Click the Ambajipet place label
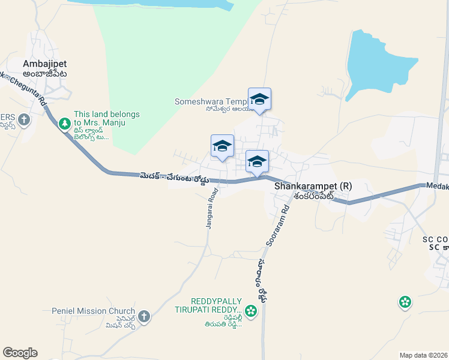[44, 64]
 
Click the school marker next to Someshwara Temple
[259, 99]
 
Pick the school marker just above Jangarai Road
[222, 146]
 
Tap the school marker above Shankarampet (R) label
[257, 162]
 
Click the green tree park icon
[65, 124]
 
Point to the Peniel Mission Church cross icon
[143, 316]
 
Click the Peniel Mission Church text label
[93, 311]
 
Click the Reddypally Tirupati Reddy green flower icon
[251, 311]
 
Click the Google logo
[20, 353]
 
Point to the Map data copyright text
[423, 355]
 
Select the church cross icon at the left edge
[23, 120]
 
